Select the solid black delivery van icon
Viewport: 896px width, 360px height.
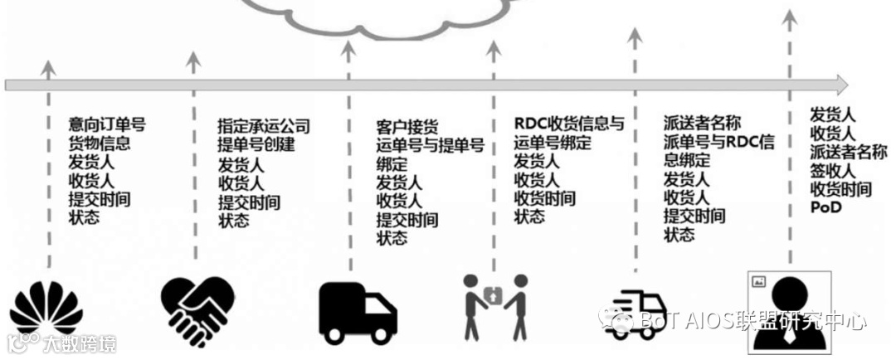coord(358,311)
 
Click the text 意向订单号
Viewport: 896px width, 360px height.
coord(107,124)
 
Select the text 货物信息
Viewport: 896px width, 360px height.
coord(100,143)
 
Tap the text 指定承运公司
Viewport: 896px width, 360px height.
coord(263,126)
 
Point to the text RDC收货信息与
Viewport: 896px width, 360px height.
coord(568,124)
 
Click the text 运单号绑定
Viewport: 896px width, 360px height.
coord(553,143)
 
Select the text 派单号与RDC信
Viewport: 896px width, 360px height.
coord(718,142)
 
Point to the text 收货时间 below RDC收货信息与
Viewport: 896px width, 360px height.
coord(545,198)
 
